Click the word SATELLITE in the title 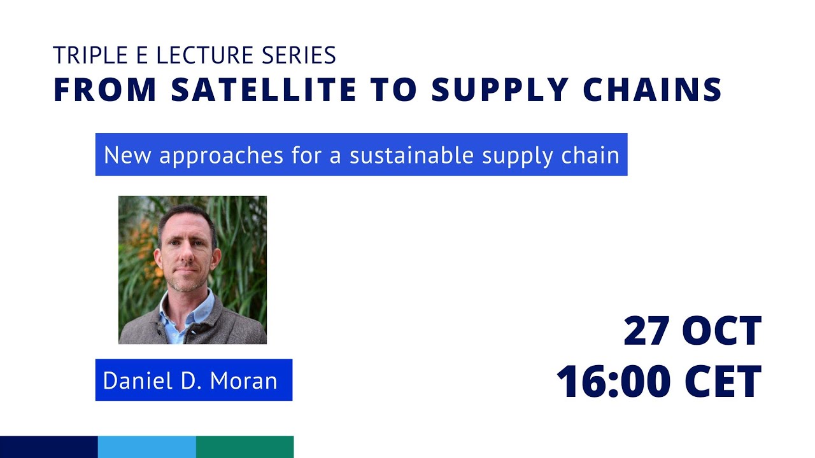coord(264,90)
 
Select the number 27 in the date coord(647,331)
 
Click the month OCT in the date coord(722,331)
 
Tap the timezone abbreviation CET coord(723,382)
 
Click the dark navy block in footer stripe coord(49,447)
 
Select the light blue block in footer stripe coord(147,447)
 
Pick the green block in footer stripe coord(245,447)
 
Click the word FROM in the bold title coord(105,90)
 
